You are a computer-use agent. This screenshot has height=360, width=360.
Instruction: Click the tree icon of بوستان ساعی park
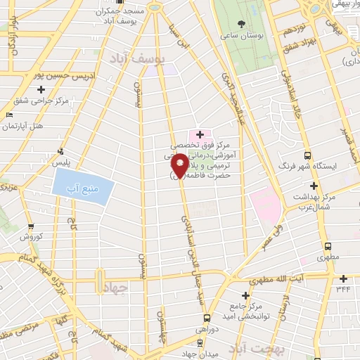click(242, 22)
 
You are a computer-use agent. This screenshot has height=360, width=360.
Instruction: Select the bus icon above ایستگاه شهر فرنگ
click(307, 155)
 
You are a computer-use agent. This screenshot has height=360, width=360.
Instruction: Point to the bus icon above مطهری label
click(328, 247)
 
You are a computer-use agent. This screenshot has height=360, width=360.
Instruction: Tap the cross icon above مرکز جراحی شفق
click(41, 89)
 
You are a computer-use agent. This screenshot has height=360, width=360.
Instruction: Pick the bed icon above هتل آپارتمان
click(9, 115)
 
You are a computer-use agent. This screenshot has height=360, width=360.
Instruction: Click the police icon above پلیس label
click(61, 150)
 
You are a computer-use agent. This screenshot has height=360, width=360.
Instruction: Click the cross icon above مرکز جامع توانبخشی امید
click(245, 295)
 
